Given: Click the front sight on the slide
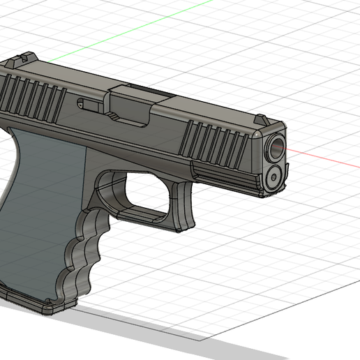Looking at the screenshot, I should pyautogui.click(x=260, y=121).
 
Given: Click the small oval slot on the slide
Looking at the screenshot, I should pyautogui.click(x=89, y=105).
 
